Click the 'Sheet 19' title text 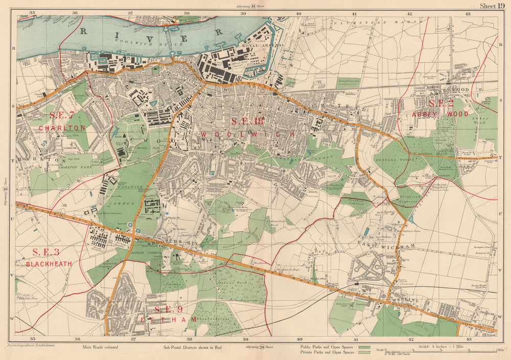click(x=491, y=6)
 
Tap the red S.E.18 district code click(x=247, y=121)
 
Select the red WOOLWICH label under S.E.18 click(x=248, y=134)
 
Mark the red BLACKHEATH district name click(x=49, y=264)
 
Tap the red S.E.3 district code click(x=46, y=252)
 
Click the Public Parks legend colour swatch click(x=364, y=347)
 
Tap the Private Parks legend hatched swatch click(x=364, y=353)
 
